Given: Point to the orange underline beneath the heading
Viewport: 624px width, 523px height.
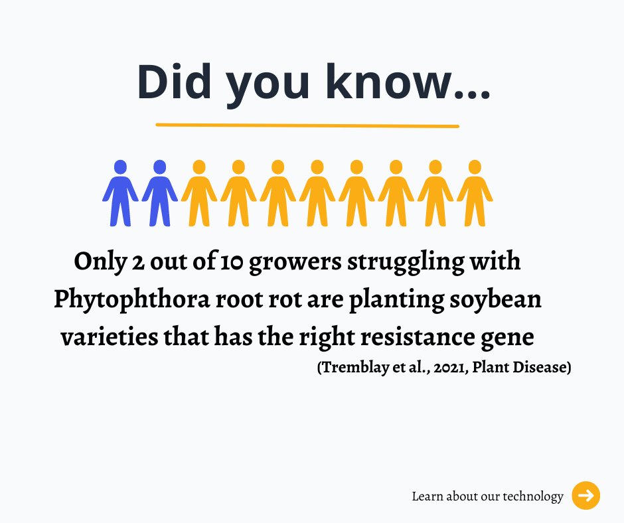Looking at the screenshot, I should tap(307, 125).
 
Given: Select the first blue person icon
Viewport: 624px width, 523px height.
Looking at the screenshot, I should tap(120, 192).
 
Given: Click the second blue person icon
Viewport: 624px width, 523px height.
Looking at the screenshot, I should tap(159, 192).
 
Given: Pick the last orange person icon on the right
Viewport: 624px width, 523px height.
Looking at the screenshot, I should tap(475, 192).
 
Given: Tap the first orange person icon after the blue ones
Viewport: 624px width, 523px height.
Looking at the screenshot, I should tap(198, 192).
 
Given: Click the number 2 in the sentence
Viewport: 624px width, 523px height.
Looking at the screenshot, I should tap(139, 262).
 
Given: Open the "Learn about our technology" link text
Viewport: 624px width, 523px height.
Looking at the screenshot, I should tap(487, 496).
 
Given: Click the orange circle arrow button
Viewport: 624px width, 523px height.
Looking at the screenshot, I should tap(585, 496).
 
